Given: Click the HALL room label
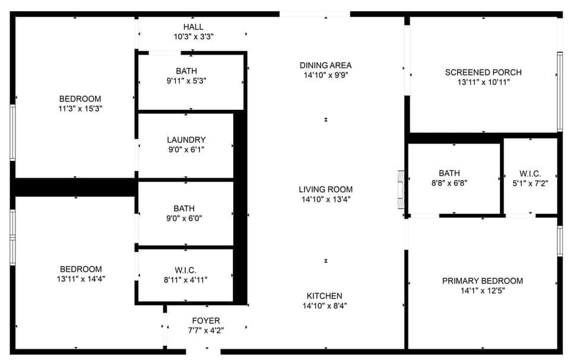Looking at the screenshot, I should tap(193, 27).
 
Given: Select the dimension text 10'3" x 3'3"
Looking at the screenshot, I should tap(193, 37).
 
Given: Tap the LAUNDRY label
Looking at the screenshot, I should tap(186, 140).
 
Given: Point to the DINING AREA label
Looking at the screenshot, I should tap(325, 65).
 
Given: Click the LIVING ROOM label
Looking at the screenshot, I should tap(325, 189).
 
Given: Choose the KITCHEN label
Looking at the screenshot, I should tap(324, 296).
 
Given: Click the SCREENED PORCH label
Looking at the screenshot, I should tap(483, 72).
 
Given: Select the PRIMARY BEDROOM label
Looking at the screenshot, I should tap(482, 281).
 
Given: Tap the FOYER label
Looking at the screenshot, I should tap(205, 321).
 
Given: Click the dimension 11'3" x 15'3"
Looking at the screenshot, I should tap(80, 109).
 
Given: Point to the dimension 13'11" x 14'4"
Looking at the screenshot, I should tap(80, 278).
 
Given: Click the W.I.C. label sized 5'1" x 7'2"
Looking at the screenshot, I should tap(530, 174).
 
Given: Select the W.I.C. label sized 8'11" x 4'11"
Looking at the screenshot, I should tap(186, 270).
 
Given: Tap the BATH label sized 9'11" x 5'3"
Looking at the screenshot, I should tap(186, 71).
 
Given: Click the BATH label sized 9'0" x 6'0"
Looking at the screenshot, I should tap(183, 208).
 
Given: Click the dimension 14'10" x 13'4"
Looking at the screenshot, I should tap(325, 199).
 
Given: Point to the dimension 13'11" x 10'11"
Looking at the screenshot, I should tap(483, 82).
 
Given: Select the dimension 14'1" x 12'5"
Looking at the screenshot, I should tap(482, 291).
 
